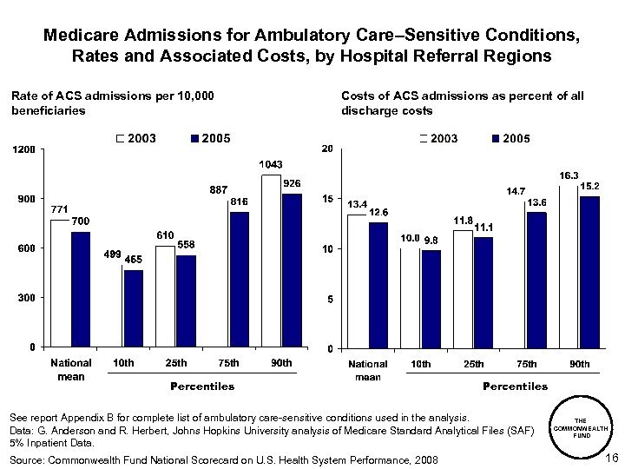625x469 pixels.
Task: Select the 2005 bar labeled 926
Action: click(x=291, y=271)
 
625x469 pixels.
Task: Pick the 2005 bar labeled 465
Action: click(x=132, y=308)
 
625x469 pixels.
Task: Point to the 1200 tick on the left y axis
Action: click(x=23, y=150)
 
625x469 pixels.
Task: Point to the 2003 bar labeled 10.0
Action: click(x=410, y=298)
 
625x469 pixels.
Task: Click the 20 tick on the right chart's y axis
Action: click(x=327, y=149)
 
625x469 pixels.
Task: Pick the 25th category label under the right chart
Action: click(x=473, y=364)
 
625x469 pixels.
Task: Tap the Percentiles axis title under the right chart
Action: click(x=515, y=386)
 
